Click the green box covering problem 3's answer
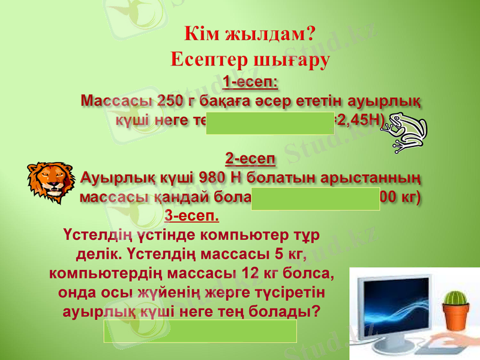pyautogui.click(x=200, y=331)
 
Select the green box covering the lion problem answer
pyautogui.click(x=316, y=198)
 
